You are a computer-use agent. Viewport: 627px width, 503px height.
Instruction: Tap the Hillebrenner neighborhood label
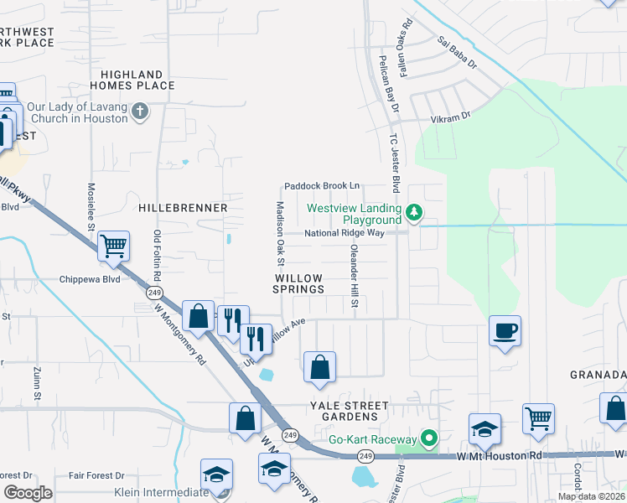click(183, 207)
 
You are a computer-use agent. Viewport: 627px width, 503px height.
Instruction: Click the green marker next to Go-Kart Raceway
click(429, 438)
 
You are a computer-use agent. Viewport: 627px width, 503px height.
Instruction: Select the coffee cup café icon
click(505, 331)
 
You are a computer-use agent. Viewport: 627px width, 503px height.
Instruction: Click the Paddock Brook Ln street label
click(322, 186)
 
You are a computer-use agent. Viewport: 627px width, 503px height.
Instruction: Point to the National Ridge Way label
click(344, 234)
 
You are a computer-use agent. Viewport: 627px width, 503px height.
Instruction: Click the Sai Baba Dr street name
click(457, 52)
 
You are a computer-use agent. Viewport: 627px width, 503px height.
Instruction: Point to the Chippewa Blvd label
click(90, 280)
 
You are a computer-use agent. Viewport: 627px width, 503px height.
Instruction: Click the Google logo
click(28, 493)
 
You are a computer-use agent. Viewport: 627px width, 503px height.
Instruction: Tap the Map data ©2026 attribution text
click(590, 496)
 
